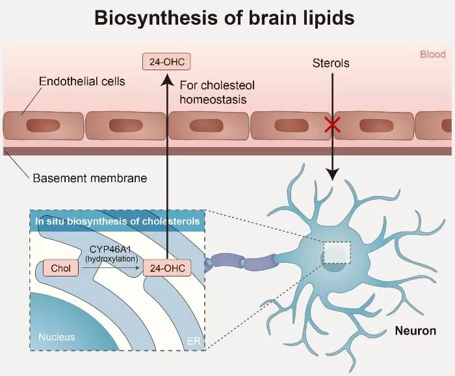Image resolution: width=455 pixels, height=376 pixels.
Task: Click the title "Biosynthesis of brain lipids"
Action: click(224, 18)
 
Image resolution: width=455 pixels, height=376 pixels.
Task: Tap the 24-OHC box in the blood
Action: click(167, 62)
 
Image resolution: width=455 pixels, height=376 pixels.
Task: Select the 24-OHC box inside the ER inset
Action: click(167, 267)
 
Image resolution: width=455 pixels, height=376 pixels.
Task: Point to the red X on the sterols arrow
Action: click(333, 126)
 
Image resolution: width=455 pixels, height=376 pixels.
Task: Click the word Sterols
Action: click(331, 63)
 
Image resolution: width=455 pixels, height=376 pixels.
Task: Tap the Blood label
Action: click(432, 55)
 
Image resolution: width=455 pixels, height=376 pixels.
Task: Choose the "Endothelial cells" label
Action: click(82, 82)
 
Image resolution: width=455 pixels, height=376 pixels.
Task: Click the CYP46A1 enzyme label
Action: click(111, 248)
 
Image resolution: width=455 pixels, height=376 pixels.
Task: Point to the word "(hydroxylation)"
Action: click(111, 258)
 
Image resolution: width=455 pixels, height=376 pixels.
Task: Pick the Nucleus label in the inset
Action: click(57, 337)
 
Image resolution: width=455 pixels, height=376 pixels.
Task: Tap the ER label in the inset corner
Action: click(194, 340)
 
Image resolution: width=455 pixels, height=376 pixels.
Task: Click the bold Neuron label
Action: click(415, 331)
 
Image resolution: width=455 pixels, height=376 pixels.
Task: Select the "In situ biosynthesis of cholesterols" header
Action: click(117, 221)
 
